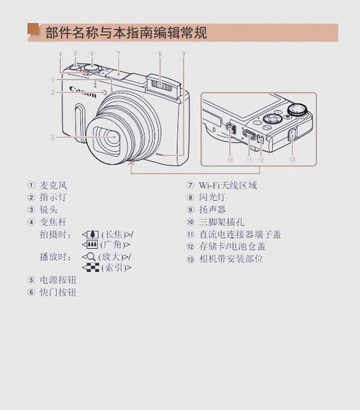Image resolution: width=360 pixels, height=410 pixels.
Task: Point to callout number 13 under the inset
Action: pyautogui.click(x=292, y=160)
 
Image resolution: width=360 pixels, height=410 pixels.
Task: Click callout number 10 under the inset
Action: pyautogui.click(x=230, y=160)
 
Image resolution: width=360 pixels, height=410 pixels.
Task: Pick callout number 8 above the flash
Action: pyautogui.click(x=159, y=55)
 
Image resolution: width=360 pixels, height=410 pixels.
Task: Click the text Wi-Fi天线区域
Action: pyautogui.click(x=228, y=185)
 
